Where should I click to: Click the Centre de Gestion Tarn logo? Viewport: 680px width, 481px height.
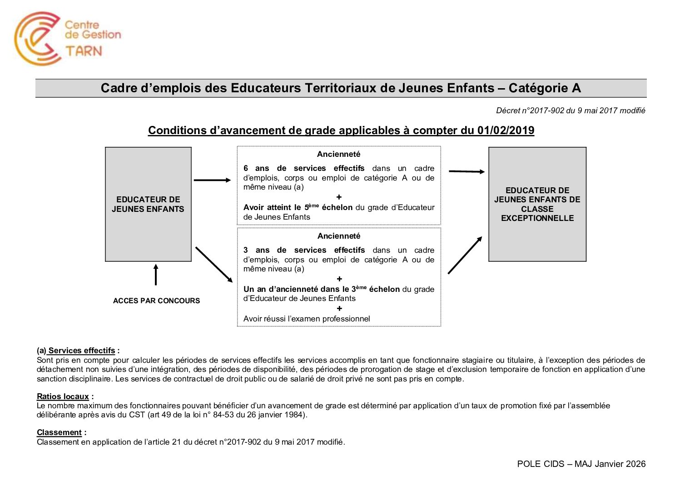click(x=67, y=38)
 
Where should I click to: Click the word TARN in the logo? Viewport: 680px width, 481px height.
click(x=84, y=50)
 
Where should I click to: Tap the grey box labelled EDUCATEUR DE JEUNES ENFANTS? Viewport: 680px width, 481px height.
click(x=148, y=204)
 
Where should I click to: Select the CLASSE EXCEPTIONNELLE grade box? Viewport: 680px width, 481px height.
click(x=537, y=204)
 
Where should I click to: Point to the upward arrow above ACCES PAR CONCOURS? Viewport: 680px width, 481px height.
click(x=156, y=275)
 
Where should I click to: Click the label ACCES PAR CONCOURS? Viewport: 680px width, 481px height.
click(x=156, y=301)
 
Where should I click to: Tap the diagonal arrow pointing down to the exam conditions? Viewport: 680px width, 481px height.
click(x=213, y=265)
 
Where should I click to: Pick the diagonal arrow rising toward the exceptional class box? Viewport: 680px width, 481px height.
click(x=465, y=255)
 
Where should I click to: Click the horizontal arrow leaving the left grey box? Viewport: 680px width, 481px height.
click(x=212, y=180)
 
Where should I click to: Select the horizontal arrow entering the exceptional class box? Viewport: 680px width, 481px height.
click(x=467, y=171)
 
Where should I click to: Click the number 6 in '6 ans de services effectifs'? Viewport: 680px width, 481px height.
click(x=246, y=168)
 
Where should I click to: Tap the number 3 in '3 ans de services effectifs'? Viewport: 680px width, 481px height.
click(x=246, y=250)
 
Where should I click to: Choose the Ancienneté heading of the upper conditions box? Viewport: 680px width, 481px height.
click(x=339, y=154)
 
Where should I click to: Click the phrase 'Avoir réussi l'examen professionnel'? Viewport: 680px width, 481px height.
click(x=307, y=319)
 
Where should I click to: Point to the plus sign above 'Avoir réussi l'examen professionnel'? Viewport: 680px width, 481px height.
click(x=339, y=309)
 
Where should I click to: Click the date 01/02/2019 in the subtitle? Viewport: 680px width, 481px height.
click(x=506, y=130)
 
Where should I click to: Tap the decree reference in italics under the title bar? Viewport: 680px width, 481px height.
click(x=571, y=110)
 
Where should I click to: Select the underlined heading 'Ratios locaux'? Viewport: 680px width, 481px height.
click(x=63, y=396)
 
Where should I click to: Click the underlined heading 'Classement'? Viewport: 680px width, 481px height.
click(x=59, y=432)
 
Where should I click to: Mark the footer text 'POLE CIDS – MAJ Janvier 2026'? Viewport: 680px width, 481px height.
click(x=581, y=464)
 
